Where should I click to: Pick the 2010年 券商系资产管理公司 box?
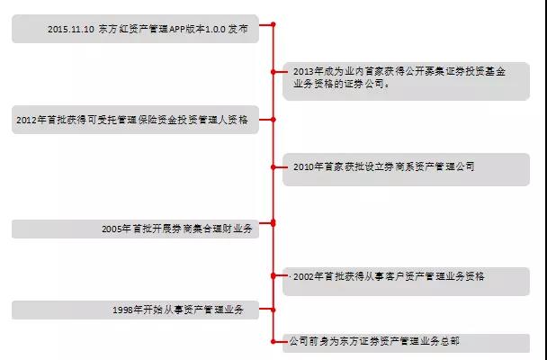tap(406, 168)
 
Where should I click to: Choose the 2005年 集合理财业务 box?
tap(135, 229)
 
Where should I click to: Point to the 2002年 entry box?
tap(406, 278)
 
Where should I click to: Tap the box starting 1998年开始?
tap(135, 310)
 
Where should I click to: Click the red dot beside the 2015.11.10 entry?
tap(273, 25)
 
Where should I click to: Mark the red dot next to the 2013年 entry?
tap(273, 69)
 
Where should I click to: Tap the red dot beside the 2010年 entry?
tap(273, 166)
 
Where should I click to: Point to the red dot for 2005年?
tap(273, 222)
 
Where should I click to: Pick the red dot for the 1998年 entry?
tap(273, 308)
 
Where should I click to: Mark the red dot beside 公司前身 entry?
tap(273, 339)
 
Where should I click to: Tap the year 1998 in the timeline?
tap(125, 310)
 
